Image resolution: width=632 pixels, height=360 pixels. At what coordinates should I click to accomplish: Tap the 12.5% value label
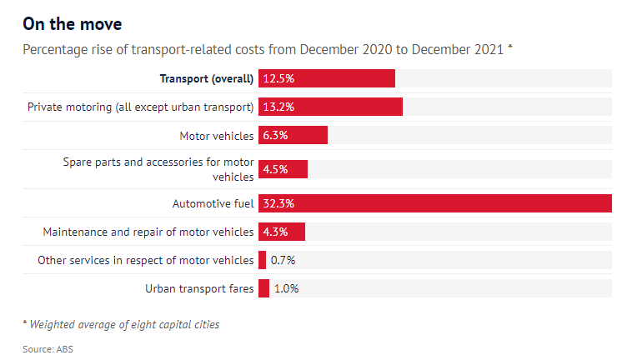(278, 78)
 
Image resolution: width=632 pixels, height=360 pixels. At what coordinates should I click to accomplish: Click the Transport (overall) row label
(207, 78)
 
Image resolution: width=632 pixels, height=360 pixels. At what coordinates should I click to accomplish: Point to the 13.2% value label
(278, 107)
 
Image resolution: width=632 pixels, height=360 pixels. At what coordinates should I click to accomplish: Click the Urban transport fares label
(199, 288)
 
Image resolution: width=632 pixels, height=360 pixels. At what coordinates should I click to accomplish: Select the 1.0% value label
(286, 288)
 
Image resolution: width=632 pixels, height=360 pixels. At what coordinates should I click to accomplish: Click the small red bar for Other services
(263, 260)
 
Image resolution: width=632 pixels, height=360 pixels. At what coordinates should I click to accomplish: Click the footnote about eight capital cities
(121, 324)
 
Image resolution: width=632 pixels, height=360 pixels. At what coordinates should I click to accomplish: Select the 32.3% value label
(278, 203)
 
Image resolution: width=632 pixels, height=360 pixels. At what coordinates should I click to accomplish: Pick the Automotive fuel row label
(213, 203)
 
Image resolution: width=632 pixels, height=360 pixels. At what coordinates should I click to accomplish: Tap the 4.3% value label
(275, 232)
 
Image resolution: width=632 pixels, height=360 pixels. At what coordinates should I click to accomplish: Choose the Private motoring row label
(140, 107)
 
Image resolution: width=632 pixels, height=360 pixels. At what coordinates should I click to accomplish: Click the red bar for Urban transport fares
(264, 288)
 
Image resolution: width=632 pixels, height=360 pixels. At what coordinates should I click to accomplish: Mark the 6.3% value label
(275, 135)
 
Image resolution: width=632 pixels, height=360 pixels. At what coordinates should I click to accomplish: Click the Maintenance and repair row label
(148, 232)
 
